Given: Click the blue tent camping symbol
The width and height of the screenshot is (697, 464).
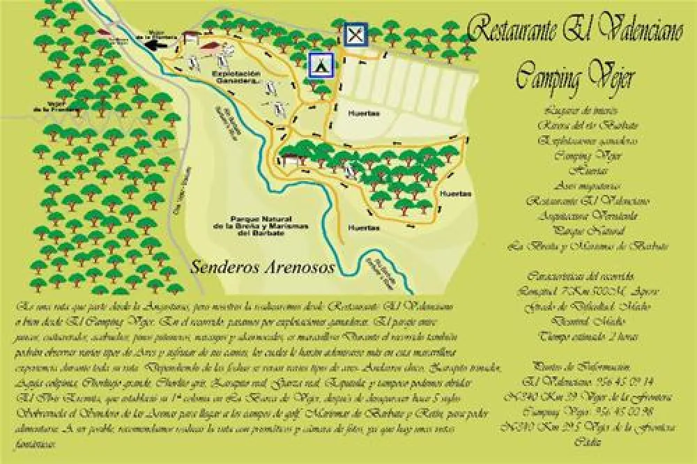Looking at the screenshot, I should [321, 65].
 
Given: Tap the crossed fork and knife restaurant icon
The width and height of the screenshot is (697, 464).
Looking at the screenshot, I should [355, 33].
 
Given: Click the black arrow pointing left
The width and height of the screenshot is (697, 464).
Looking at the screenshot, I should [157, 43].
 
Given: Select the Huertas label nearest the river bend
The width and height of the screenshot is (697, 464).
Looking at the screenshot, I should [364, 227].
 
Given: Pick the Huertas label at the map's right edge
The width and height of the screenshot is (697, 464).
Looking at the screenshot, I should [457, 193].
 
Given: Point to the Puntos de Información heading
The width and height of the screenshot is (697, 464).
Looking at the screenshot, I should [582, 366].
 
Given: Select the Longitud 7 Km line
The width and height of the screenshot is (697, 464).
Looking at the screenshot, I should [588, 291].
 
